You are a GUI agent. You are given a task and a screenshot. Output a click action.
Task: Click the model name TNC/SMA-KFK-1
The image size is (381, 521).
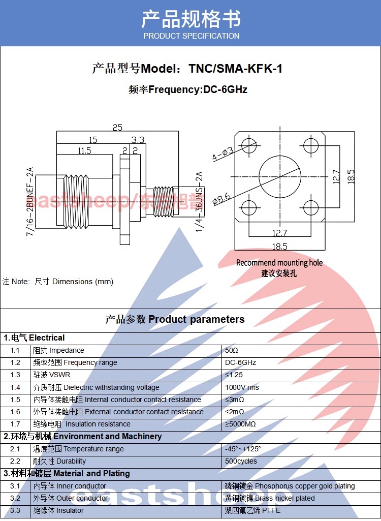click(x=235, y=69)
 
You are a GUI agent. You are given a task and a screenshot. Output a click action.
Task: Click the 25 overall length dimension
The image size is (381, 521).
click(x=117, y=128)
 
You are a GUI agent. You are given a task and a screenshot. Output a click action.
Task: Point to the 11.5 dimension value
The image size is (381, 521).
click(x=84, y=150)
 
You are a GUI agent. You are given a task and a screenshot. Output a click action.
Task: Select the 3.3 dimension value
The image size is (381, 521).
click(x=138, y=140)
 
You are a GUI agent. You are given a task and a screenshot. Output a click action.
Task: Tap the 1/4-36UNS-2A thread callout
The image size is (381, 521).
click(x=199, y=202)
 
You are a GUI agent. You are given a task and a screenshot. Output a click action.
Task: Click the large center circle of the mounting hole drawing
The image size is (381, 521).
click(x=279, y=176)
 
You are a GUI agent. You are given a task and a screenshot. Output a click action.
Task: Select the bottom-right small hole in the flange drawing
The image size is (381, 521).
click(x=310, y=207)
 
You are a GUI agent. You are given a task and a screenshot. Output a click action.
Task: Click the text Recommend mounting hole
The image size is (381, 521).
click(x=279, y=263)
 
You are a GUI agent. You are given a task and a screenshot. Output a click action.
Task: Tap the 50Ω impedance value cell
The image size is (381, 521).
click(x=232, y=351)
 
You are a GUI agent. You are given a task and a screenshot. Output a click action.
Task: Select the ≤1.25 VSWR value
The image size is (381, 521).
click(x=234, y=375)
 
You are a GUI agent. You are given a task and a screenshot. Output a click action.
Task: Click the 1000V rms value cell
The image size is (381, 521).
click(x=242, y=387)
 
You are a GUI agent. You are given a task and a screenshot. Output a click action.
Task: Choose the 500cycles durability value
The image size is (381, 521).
click(x=241, y=462)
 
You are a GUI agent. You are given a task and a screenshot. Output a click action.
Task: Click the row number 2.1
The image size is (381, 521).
click(x=15, y=449)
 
